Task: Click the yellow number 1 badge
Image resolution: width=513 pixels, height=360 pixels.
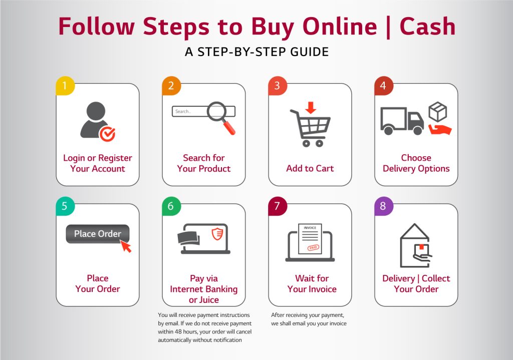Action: click(x=65, y=86)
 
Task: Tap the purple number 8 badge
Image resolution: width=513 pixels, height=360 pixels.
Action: click(x=383, y=206)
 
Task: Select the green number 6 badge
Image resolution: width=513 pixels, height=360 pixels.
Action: click(x=171, y=206)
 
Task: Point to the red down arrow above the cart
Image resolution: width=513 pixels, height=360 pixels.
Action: click(x=311, y=108)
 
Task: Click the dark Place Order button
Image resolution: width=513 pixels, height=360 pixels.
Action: click(x=98, y=234)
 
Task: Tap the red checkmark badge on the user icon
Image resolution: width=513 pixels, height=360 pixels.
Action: click(x=107, y=133)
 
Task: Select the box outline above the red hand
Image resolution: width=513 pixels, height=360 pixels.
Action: click(x=438, y=112)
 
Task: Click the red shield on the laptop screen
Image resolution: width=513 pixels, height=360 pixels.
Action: click(x=217, y=234)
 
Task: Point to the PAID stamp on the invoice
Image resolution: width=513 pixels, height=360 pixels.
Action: click(x=313, y=247)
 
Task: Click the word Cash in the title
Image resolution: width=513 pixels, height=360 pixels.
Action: click(x=427, y=26)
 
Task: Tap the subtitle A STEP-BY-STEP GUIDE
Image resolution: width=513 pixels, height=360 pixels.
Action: click(x=257, y=52)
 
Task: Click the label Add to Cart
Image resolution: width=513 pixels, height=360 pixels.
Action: click(x=310, y=168)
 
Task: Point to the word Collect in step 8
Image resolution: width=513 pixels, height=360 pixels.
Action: click(x=436, y=278)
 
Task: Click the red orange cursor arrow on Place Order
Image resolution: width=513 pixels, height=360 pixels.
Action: click(x=126, y=246)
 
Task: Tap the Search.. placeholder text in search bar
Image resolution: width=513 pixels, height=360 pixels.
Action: click(x=183, y=112)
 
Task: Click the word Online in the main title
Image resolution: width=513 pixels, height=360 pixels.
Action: click(x=340, y=26)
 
